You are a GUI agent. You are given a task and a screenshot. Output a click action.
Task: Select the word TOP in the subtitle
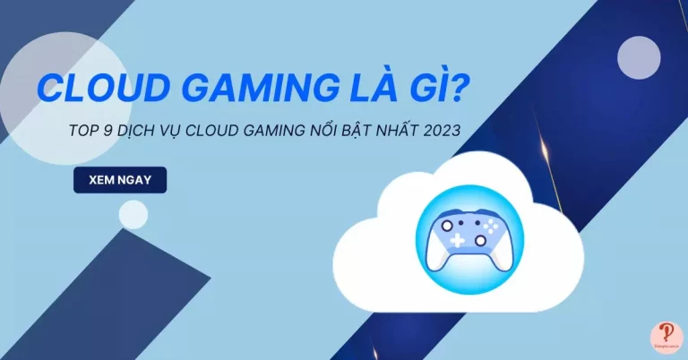(82, 131)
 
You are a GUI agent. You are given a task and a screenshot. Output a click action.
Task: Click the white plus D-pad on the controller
(457, 240)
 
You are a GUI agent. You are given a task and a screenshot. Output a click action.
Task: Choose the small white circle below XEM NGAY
(133, 214)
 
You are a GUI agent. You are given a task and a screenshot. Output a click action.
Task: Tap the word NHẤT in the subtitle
(390, 131)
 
